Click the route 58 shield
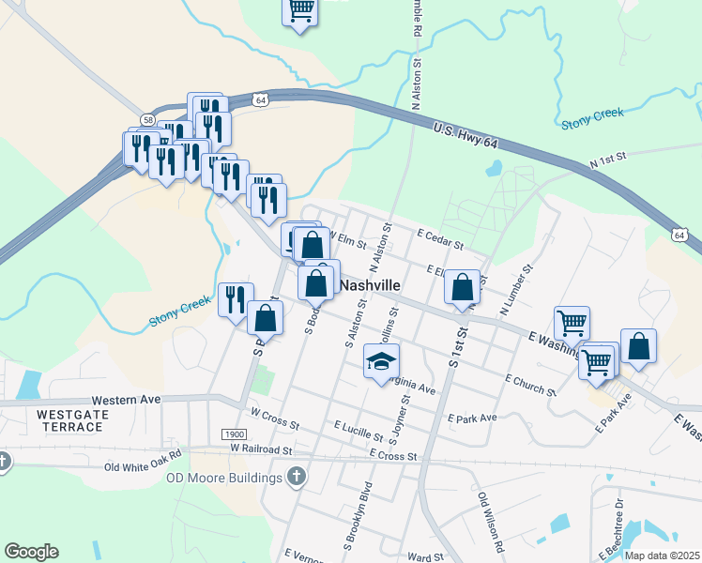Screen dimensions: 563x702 coord(148,119)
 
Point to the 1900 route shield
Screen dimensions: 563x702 coord(235,434)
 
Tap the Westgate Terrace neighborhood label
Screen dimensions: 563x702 coord(69,420)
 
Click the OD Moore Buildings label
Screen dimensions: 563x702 coord(224,479)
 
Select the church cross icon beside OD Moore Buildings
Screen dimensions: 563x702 coord(297,477)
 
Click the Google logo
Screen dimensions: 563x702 coord(31,552)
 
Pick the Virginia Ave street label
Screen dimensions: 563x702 coord(411,386)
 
